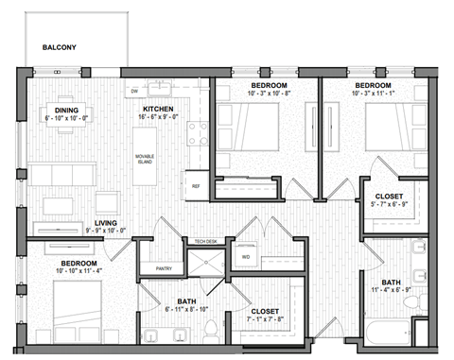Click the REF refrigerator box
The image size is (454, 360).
pyautogui.click(x=196, y=185)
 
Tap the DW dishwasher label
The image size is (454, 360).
pyautogui.click(x=134, y=91)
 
